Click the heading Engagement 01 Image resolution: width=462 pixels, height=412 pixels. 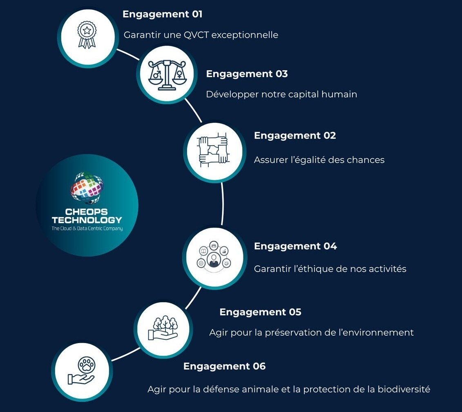(162, 14)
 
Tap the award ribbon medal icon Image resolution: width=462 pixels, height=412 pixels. (87, 35)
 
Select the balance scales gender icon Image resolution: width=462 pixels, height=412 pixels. (167, 75)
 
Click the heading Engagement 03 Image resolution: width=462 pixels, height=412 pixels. (247, 73)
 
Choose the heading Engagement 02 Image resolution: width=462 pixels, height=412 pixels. (295, 135)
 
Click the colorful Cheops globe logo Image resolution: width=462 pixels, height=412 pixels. (87, 188)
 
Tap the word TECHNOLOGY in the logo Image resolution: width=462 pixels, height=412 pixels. (87, 220)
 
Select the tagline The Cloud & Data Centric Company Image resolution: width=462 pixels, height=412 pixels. (87, 228)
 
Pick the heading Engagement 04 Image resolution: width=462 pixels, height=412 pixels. (295, 246)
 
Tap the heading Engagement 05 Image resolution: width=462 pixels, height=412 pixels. (261, 312)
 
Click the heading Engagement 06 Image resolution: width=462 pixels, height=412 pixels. (225, 366)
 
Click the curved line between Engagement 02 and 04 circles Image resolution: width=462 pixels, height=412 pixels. (223, 204)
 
